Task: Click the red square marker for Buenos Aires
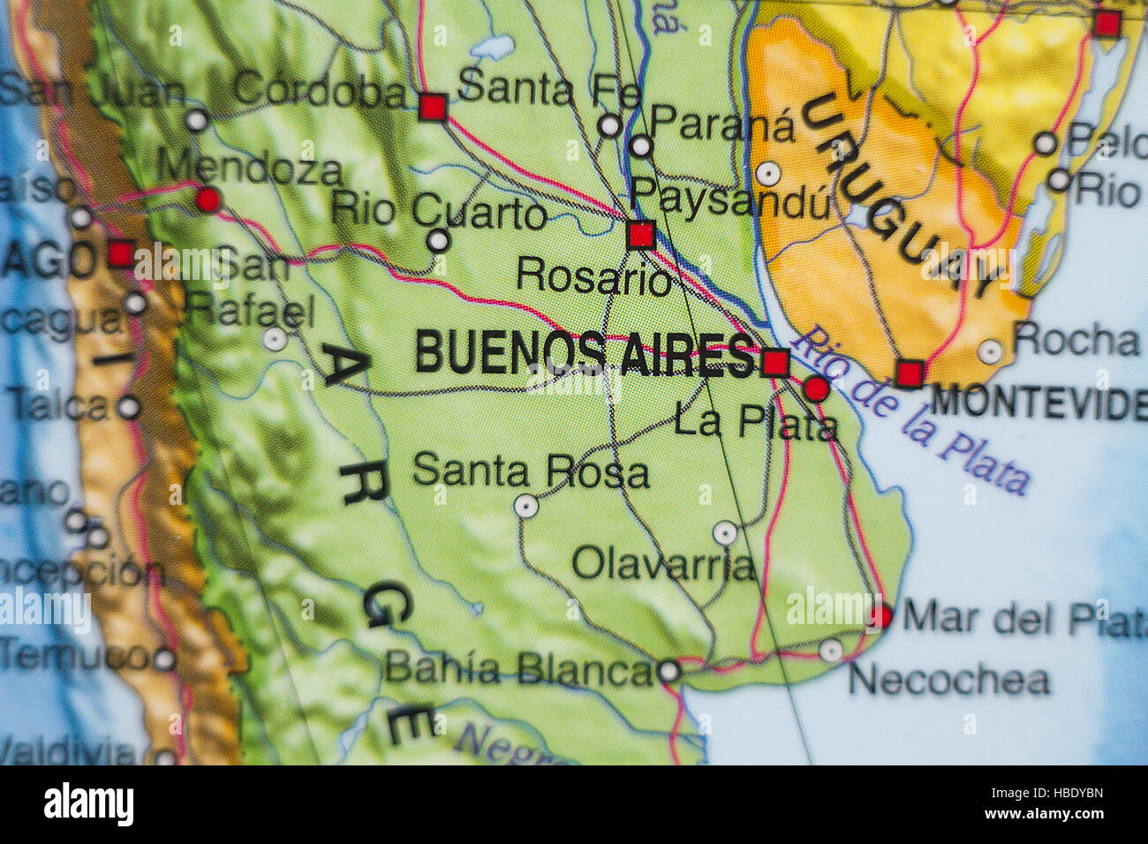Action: [x=775, y=363]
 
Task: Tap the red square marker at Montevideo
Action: [x=909, y=373]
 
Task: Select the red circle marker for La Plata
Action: [x=817, y=388]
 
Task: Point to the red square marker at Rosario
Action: [x=640, y=235]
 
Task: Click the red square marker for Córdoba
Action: [x=432, y=107]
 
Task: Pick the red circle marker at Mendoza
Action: [x=208, y=200]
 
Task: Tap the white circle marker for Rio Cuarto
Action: [x=438, y=240]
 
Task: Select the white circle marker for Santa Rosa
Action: [x=526, y=506]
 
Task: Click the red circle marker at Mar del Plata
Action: [x=880, y=616]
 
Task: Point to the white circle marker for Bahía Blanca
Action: [x=669, y=672]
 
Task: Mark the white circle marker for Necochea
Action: [x=830, y=652]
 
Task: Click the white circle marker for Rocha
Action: [x=991, y=351]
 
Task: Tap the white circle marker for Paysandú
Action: [x=768, y=173]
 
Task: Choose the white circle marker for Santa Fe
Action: [x=609, y=125]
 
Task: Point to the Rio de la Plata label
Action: [x=910, y=411]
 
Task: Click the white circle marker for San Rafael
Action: [x=276, y=339]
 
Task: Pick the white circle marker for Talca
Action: [x=129, y=407]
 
